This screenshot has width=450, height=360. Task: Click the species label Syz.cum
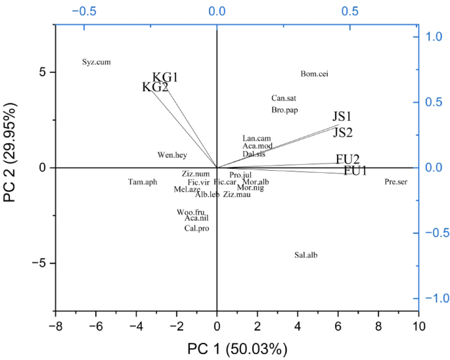click(x=96, y=62)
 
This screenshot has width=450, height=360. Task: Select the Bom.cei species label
click(x=314, y=74)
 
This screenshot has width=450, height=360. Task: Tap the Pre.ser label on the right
click(x=396, y=181)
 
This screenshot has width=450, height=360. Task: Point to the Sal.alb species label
click(x=306, y=255)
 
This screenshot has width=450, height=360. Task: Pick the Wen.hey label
click(x=172, y=155)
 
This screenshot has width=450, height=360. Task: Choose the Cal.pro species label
click(x=196, y=229)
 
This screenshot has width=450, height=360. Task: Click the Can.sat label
click(x=284, y=98)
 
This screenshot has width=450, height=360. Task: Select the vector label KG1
click(x=166, y=78)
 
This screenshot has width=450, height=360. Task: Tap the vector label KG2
click(x=155, y=87)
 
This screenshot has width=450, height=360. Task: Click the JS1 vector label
click(x=342, y=117)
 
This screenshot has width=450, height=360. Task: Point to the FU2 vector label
click(x=348, y=159)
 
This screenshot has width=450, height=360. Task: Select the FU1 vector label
click(x=355, y=171)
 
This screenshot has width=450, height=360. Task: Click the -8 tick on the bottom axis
click(x=55, y=325)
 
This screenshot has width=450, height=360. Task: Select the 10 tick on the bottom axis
click(x=418, y=325)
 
